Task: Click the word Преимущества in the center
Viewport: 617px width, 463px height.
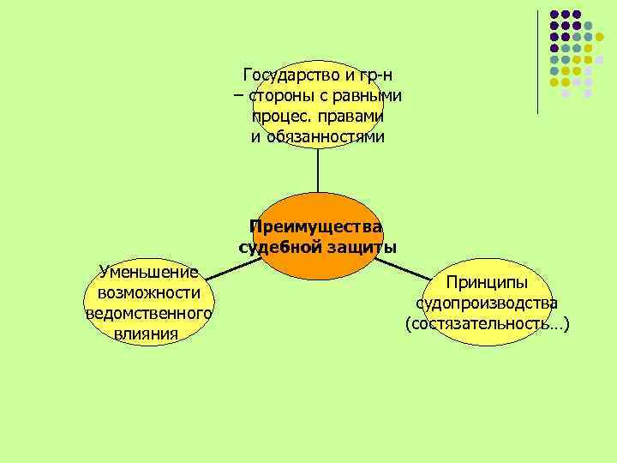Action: click(x=316, y=226)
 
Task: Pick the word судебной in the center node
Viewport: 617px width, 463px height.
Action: click(x=278, y=248)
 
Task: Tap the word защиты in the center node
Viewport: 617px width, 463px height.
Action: click(x=360, y=248)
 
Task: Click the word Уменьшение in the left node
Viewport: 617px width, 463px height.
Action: click(x=148, y=273)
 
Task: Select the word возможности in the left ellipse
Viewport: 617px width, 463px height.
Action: click(x=148, y=293)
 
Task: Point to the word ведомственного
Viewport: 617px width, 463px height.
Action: click(x=148, y=314)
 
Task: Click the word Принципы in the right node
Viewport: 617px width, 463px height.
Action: click(x=486, y=282)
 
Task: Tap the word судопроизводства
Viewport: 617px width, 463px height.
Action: click(x=487, y=304)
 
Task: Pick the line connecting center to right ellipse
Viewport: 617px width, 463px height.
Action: click(x=407, y=268)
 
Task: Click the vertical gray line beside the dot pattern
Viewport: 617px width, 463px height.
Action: click(x=538, y=60)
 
